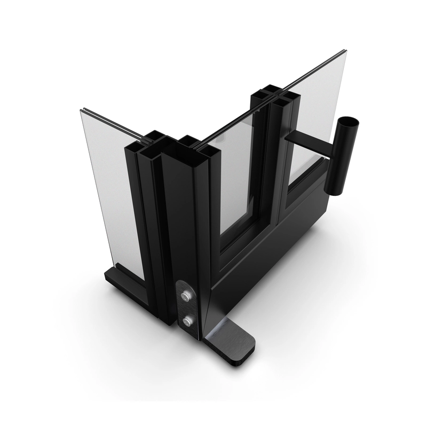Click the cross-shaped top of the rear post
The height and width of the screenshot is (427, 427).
coord(274,98)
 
